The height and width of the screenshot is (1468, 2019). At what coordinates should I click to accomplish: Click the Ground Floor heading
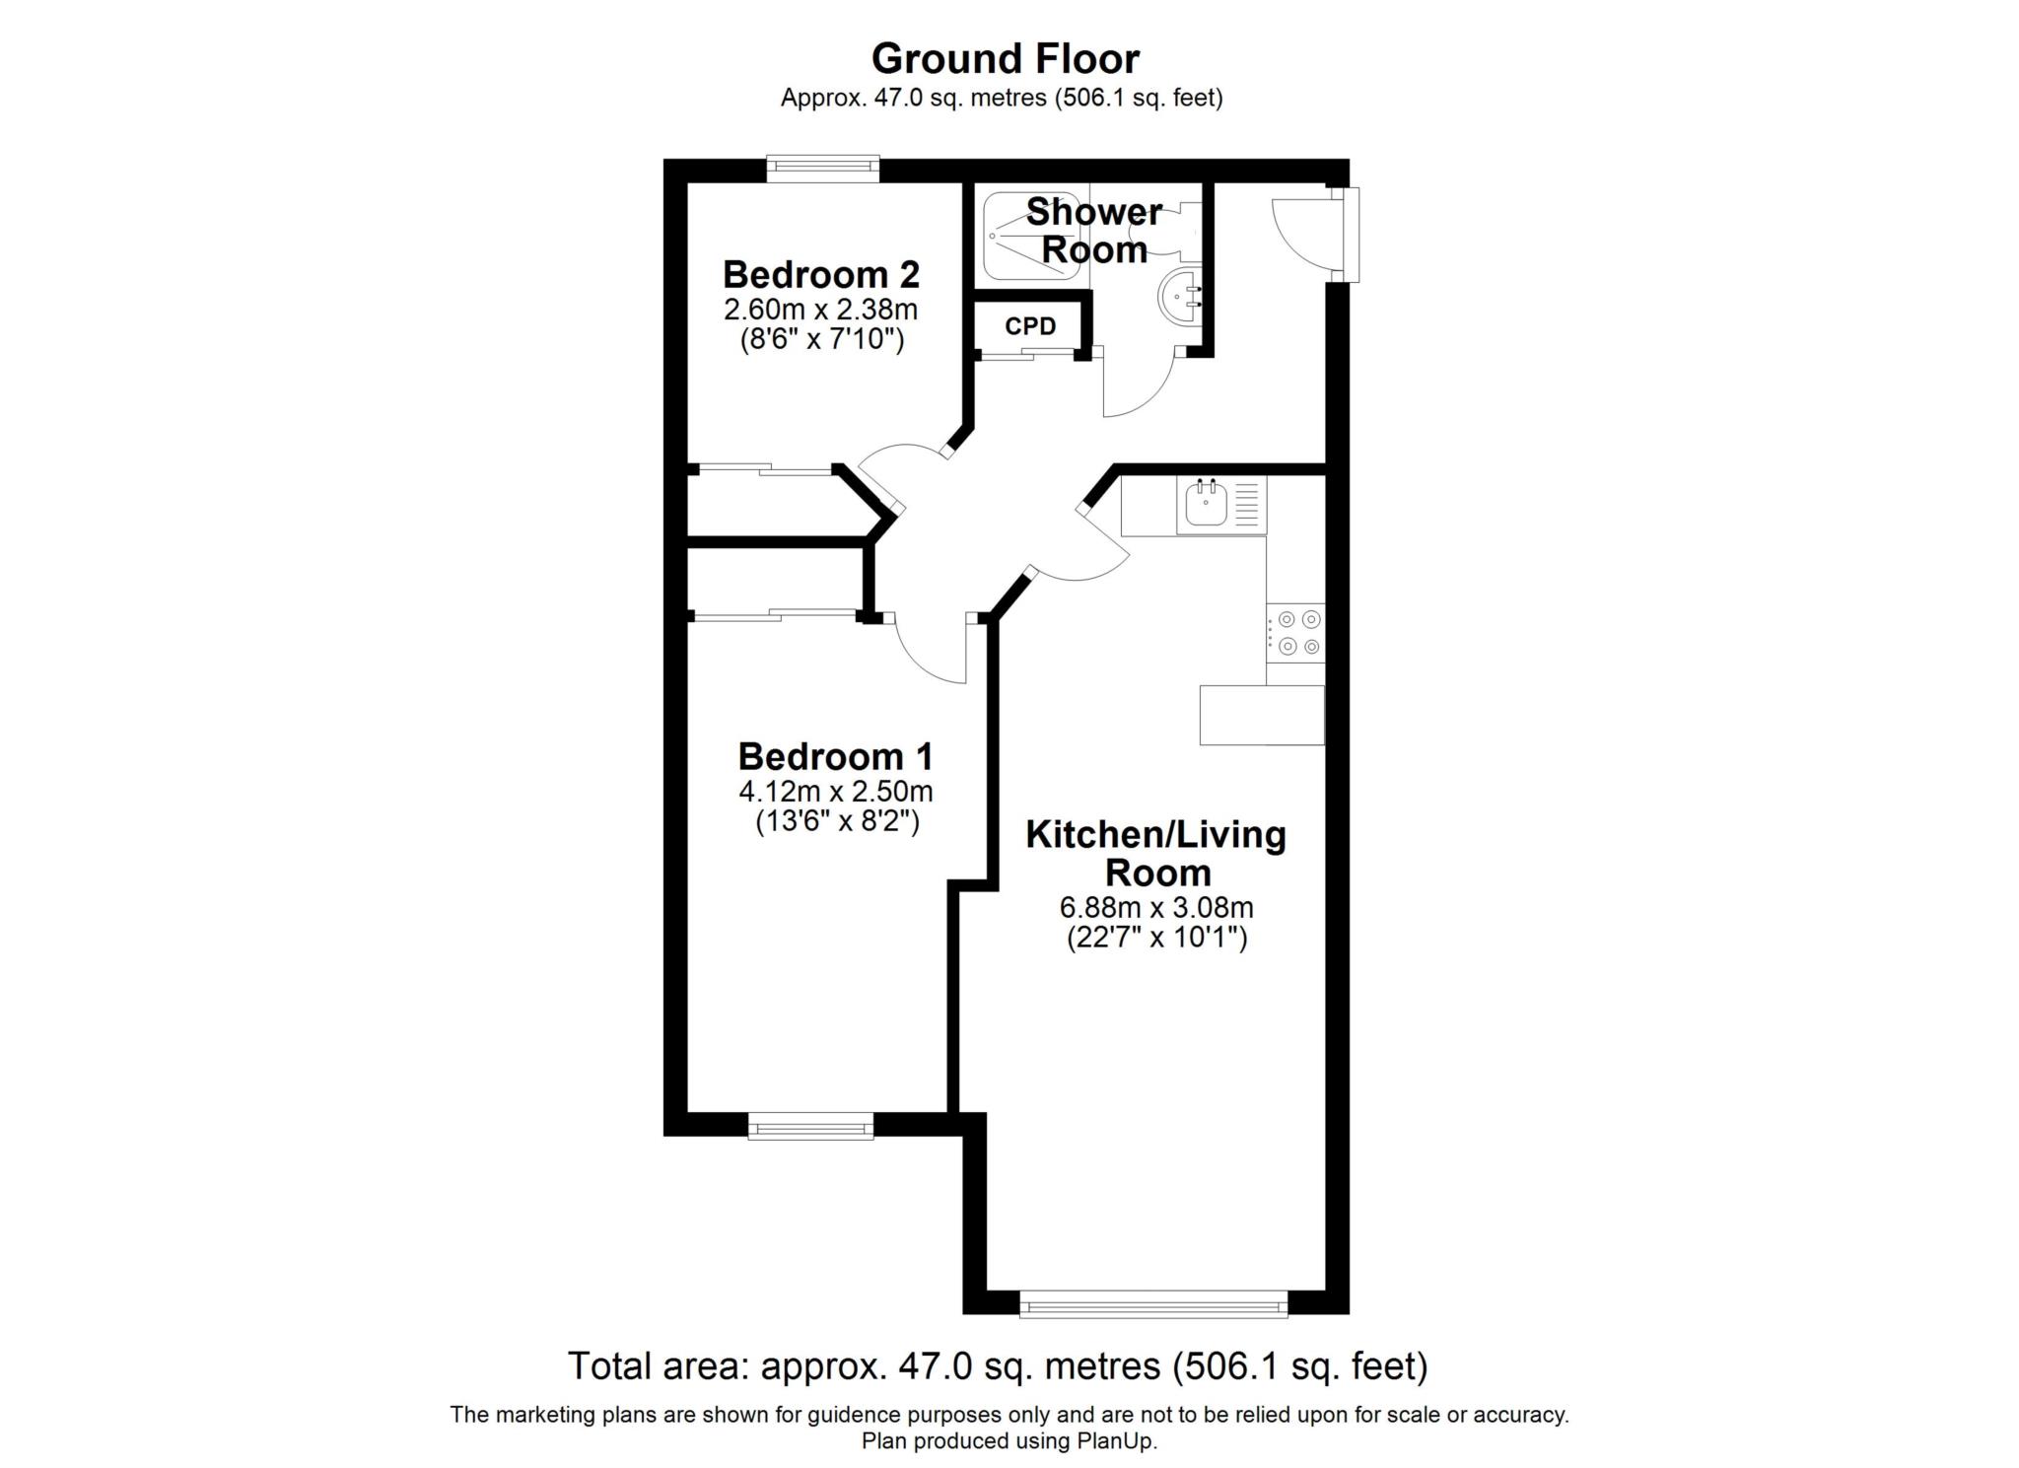pyautogui.click(x=1005, y=59)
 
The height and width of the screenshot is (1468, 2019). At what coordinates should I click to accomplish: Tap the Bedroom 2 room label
pyautogui.click(x=820, y=273)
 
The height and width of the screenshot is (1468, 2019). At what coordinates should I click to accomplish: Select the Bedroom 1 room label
pyautogui.click(x=835, y=757)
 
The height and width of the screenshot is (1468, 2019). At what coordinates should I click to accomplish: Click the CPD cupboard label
pyautogui.click(x=1030, y=326)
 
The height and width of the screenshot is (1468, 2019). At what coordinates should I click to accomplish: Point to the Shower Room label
pyautogui.click(x=1093, y=231)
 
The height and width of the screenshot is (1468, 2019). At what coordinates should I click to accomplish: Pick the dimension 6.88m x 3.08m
pyautogui.click(x=1155, y=907)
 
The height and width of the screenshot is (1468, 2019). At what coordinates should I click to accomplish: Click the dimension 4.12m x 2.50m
pyautogui.click(x=835, y=792)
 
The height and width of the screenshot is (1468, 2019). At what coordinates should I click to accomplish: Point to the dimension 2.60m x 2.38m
pyautogui.click(x=820, y=310)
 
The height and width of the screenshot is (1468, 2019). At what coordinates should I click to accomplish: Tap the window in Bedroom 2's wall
pyautogui.click(x=823, y=169)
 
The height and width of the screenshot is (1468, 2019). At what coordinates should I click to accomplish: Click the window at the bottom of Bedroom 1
pyautogui.click(x=810, y=1125)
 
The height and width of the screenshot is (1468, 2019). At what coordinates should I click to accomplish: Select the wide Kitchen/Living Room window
pyautogui.click(x=1152, y=1305)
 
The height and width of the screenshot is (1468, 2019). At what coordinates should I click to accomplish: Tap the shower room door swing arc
pyautogui.click(x=1139, y=389)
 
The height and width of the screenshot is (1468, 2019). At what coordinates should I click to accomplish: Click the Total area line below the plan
pyautogui.click(x=997, y=1366)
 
